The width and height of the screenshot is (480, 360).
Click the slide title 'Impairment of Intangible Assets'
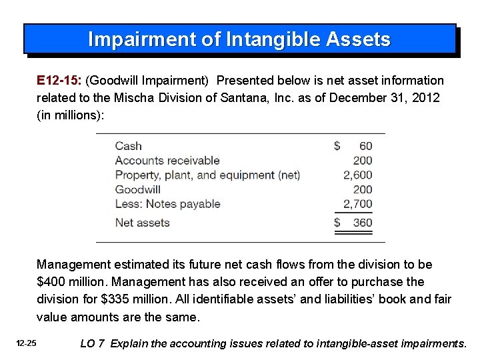point(239,40)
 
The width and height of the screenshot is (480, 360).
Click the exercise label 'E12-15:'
point(59,81)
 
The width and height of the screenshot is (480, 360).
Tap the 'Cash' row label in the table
point(128,146)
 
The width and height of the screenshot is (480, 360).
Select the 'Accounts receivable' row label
point(167,161)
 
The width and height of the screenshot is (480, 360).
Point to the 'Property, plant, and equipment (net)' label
point(207,175)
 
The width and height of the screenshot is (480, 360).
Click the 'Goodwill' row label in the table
point(137,190)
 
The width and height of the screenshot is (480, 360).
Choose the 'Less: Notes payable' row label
point(167,204)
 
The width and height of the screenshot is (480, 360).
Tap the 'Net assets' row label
point(142,223)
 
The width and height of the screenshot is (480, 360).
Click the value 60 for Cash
point(365,146)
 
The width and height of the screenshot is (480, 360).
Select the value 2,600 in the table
point(357,175)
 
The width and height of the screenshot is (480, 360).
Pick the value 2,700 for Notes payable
point(357,204)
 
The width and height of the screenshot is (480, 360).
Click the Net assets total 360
point(362,223)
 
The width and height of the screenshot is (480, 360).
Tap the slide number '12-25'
point(27,343)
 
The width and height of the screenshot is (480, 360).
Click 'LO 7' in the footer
point(92,344)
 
